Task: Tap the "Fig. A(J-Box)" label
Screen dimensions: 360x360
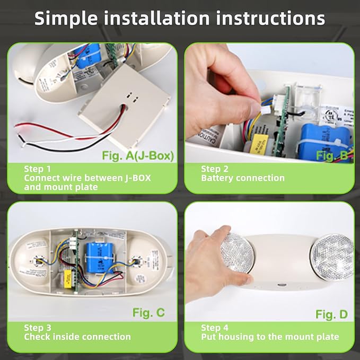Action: click(137, 156)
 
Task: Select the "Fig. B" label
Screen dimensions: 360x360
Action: click(331, 155)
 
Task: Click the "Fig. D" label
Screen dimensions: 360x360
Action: click(331, 314)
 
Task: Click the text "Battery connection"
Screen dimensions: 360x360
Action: click(243, 178)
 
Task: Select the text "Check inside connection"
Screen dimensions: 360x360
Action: click(77, 337)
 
